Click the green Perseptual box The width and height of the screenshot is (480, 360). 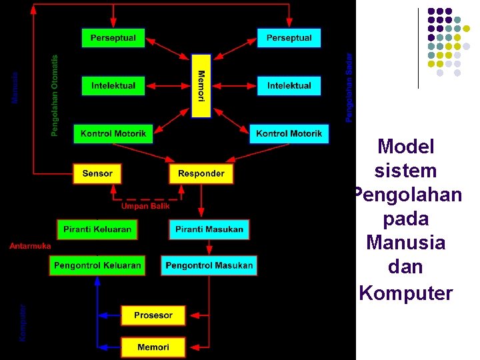pyautogui.click(x=113, y=38)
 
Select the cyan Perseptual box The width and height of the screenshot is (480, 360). pyautogui.click(x=289, y=38)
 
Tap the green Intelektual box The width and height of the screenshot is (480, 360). pyautogui.click(x=113, y=85)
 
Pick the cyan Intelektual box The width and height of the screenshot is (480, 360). pyautogui.click(x=289, y=85)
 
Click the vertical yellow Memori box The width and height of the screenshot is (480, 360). pyautogui.click(x=201, y=86)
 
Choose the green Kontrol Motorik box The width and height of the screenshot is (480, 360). pyautogui.click(x=113, y=134)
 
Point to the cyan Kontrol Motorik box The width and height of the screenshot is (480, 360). pyautogui.click(x=289, y=134)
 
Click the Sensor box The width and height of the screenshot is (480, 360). pyautogui.click(x=97, y=173)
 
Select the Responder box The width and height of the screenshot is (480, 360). pyautogui.click(x=201, y=173)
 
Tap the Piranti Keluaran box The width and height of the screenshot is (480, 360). pyautogui.click(x=97, y=229)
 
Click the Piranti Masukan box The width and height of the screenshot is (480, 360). pyautogui.click(x=209, y=229)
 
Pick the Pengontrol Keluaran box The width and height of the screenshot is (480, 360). pyautogui.click(x=97, y=265)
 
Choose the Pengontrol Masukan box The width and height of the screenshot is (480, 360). pyautogui.click(x=209, y=265)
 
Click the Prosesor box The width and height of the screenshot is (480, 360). pyautogui.click(x=153, y=315)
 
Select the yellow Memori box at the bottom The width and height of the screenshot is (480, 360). pyautogui.click(x=153, y=347)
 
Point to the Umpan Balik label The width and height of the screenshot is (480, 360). pyautogui.click(x=145, y=207)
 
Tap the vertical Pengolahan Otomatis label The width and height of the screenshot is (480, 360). pyautogui.click(x=55, y=95)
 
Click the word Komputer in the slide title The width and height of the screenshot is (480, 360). pyautogui.click(x=406, y=293)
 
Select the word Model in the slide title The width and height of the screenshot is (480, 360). pyautogui.click(x=406, y=147)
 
